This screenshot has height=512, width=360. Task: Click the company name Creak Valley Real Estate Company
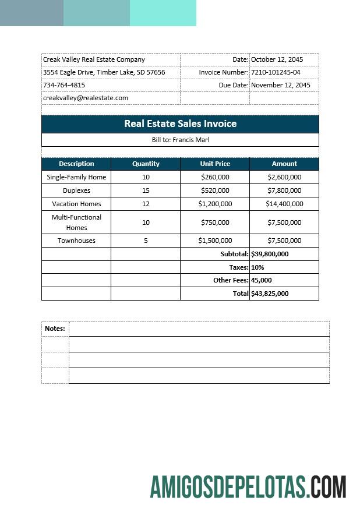pos(94,59)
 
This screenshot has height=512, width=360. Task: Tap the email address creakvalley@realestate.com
pos(85,98)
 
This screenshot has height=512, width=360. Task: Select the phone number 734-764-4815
pos(64,85)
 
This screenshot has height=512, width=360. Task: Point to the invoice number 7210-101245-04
pos(276,72)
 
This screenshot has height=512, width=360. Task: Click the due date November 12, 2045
pos(280,85)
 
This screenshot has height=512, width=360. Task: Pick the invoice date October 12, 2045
pos(277,59)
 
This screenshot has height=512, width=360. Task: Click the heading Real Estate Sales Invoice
pos(180,123)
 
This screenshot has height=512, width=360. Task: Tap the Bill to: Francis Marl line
pos(180,140)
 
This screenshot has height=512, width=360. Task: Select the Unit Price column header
pos(215,164)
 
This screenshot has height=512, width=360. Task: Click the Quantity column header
pos(146,164)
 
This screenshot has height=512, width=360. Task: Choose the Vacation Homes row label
pos(76,204)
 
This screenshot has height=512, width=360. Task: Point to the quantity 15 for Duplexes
pos(146,190)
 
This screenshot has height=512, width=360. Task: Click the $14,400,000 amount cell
pos(284,204)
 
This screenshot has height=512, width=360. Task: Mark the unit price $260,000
pos(215,177)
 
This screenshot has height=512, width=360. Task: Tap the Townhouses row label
pos(76,241)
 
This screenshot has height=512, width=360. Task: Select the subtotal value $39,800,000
pos(270,254)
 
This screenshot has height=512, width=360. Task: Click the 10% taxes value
pos(257,267)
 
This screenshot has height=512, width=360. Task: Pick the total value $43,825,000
pos(270,294)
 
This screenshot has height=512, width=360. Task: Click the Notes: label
pos(55,329)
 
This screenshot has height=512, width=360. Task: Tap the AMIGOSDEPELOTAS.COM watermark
pos(248,487)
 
